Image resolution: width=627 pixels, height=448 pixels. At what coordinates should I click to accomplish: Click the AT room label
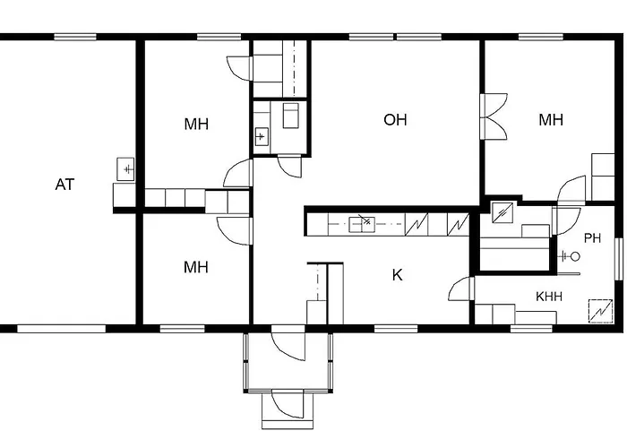point(64,185)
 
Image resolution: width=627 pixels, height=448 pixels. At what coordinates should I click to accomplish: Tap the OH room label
point(395,119)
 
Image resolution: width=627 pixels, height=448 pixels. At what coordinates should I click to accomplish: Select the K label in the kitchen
point(397,275)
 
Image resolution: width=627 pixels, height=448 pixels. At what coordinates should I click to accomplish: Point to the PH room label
point(592,237)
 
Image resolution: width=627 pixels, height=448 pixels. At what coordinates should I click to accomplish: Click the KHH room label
point(548,296)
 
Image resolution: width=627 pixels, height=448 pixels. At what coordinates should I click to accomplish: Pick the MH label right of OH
point(551,120)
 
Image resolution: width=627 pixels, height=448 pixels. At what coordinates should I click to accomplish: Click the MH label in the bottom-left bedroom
point(196,267)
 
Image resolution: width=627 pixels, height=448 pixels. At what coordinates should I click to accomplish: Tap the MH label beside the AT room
point(196,124)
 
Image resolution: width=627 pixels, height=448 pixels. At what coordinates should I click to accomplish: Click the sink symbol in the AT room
point(125,168)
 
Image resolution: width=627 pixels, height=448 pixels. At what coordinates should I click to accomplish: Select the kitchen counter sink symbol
point(362,222)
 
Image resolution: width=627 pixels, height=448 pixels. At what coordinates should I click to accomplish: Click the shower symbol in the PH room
point(569,256)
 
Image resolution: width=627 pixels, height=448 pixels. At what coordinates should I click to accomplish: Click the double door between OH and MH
point(493,117)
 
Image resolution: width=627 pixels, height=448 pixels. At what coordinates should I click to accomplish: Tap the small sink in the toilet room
point(262,137)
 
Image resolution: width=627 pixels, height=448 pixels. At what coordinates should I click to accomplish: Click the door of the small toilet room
point(289,166)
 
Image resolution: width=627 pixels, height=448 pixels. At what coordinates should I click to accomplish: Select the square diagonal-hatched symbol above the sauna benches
point(503,213)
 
